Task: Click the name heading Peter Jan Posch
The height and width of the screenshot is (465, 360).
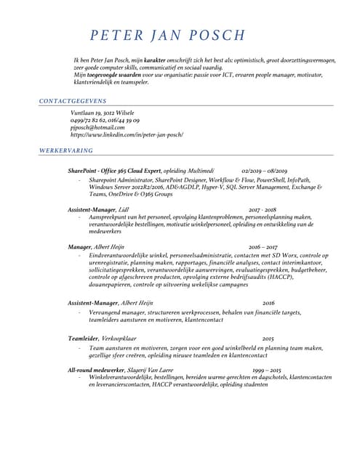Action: [168, 36]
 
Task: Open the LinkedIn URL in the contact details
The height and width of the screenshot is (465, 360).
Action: [127, 135]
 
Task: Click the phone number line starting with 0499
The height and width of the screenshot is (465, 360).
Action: [105, 121]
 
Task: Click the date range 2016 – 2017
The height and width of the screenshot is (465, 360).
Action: [263, 247]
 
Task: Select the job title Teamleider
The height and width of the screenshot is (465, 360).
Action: [83, 339]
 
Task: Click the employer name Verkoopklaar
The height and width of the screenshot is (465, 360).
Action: [119, 339]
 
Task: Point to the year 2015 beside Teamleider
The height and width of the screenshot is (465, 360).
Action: [268, 339]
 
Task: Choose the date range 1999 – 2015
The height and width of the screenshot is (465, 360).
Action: [267, 371]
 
